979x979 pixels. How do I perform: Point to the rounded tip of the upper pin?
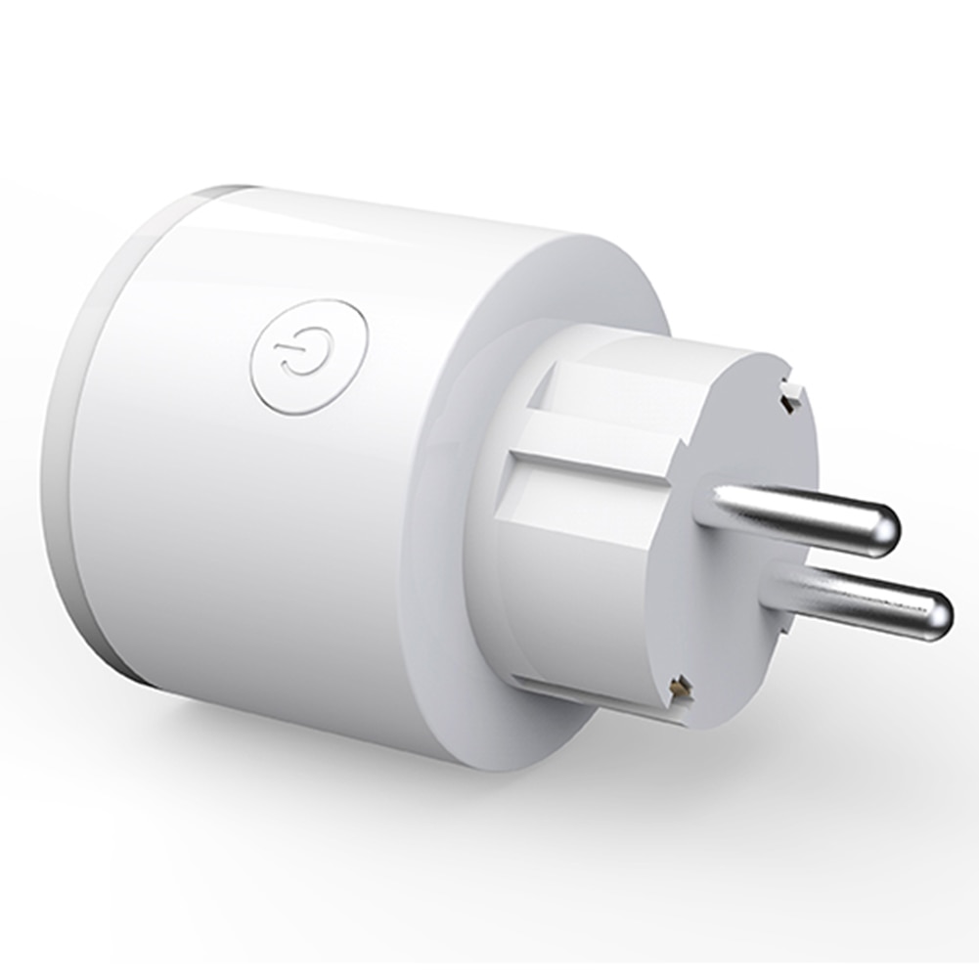click(x=885, y=529)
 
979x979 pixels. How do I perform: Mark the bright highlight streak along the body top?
click(x=391, y=210)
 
